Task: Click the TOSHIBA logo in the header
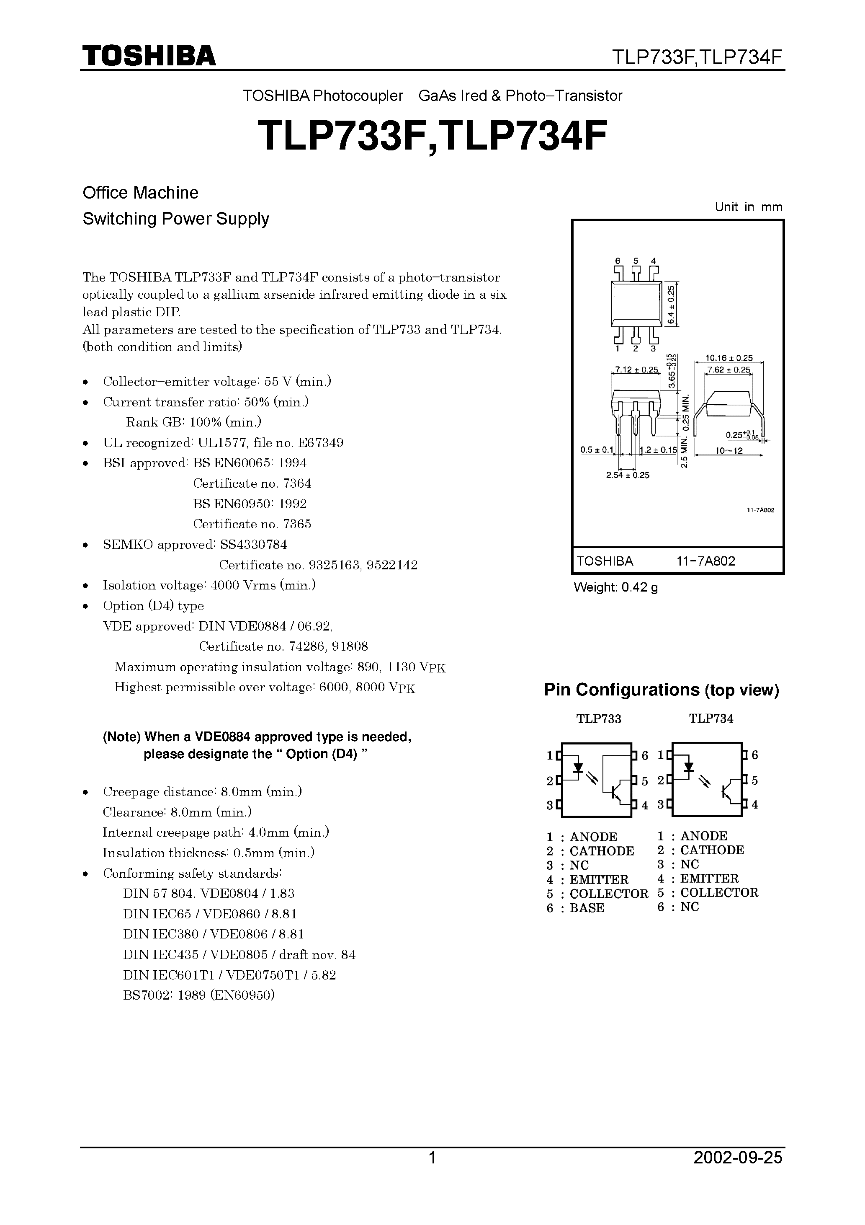(149, 55)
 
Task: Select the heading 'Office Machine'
(140, 193)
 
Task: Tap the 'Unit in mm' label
(748, 207)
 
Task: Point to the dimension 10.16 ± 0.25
(729, 358)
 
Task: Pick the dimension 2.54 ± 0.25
(628, 476)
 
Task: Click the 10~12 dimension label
(729, 451)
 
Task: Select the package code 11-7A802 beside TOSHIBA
(705, 561)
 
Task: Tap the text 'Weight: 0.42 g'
(615, 588)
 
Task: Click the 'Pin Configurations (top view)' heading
(661, 690)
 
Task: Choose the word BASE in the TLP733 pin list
(587, 908)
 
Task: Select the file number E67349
(321, 443)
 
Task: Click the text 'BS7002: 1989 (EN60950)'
(198, 995)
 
